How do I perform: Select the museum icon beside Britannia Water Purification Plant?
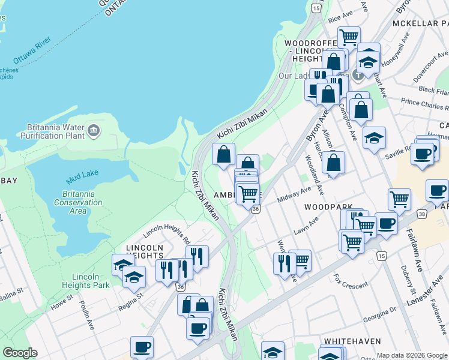93,130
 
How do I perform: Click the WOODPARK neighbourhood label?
328,206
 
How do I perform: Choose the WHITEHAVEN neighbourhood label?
352,341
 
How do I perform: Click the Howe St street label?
61,300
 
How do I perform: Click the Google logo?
20,353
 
